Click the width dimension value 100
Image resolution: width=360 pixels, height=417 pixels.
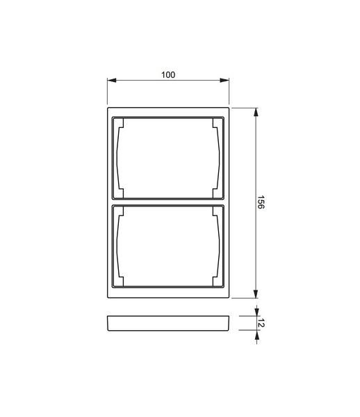click(167, 74)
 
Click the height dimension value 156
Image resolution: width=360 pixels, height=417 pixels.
click(262, 203)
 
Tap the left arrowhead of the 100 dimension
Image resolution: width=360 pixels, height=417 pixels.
click(111, 81)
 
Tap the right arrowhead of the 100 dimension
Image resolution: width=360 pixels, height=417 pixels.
click(225, 81)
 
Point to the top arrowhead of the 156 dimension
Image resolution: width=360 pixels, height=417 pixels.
click(256, 112)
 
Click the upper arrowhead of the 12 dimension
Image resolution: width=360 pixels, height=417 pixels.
click(256, 312)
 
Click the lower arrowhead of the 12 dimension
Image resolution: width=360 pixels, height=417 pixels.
click(256, 335)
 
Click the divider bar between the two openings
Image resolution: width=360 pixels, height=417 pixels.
click(168, 202)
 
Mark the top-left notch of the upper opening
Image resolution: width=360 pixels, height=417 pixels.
click(120, 124)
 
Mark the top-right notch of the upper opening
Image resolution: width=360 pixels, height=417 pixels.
click(217, 124)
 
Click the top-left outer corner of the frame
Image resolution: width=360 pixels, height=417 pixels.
click(108, 108)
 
